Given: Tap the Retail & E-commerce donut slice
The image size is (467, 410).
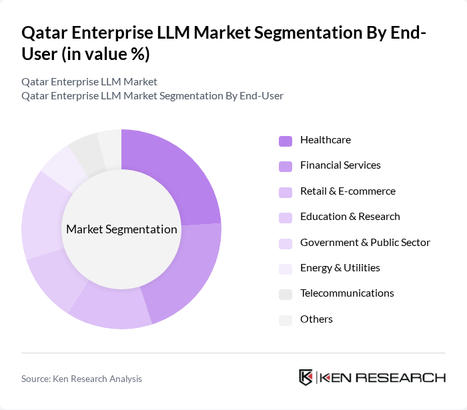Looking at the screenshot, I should (x=113, y=307).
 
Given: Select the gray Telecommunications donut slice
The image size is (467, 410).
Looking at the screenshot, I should (x=85, y=150).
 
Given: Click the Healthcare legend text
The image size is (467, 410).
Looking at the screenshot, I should (x=325, y=140).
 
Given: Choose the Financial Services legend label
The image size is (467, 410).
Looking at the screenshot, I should (x=340, y=165).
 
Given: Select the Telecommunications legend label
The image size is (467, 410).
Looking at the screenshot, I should (x=347, y=293).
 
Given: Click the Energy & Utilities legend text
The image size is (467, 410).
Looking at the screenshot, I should (x=340, y=268).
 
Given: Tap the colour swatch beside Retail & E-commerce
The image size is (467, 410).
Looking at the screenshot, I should (x=286, y=192).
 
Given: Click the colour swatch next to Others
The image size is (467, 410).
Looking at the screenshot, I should (x=286, y=320).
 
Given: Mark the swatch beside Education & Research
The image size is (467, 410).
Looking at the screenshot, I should (x=286, y=217).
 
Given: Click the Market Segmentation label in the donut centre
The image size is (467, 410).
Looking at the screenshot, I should (x=121, y=229).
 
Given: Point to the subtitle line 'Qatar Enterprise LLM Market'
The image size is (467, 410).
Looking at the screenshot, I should (x=89, y=82).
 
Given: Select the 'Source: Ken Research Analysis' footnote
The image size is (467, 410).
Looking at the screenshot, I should (x=81, y=379).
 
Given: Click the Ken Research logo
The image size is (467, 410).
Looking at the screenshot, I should (x=372, y=377).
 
